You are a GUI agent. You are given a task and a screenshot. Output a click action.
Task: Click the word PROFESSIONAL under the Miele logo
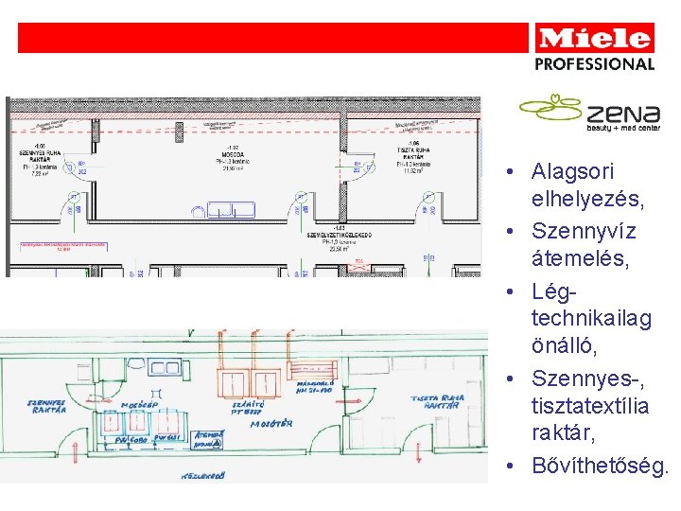[x=595, y=64]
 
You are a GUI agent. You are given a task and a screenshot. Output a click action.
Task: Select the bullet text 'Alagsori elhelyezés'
[x=573, y=186]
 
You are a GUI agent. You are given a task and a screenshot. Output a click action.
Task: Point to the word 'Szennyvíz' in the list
[x=584, y=231]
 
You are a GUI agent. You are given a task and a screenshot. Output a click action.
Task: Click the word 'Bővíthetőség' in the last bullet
[x=600, y=467]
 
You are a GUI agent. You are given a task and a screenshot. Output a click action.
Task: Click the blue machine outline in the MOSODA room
[x=231, y=209]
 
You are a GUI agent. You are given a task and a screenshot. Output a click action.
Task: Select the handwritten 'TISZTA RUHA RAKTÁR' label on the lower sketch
[x=437, y=401]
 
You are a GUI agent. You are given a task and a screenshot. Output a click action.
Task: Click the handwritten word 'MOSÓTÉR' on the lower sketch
[x=270, y=425]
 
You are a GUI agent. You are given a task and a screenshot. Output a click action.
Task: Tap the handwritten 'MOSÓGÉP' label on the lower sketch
[x=138, y=406]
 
